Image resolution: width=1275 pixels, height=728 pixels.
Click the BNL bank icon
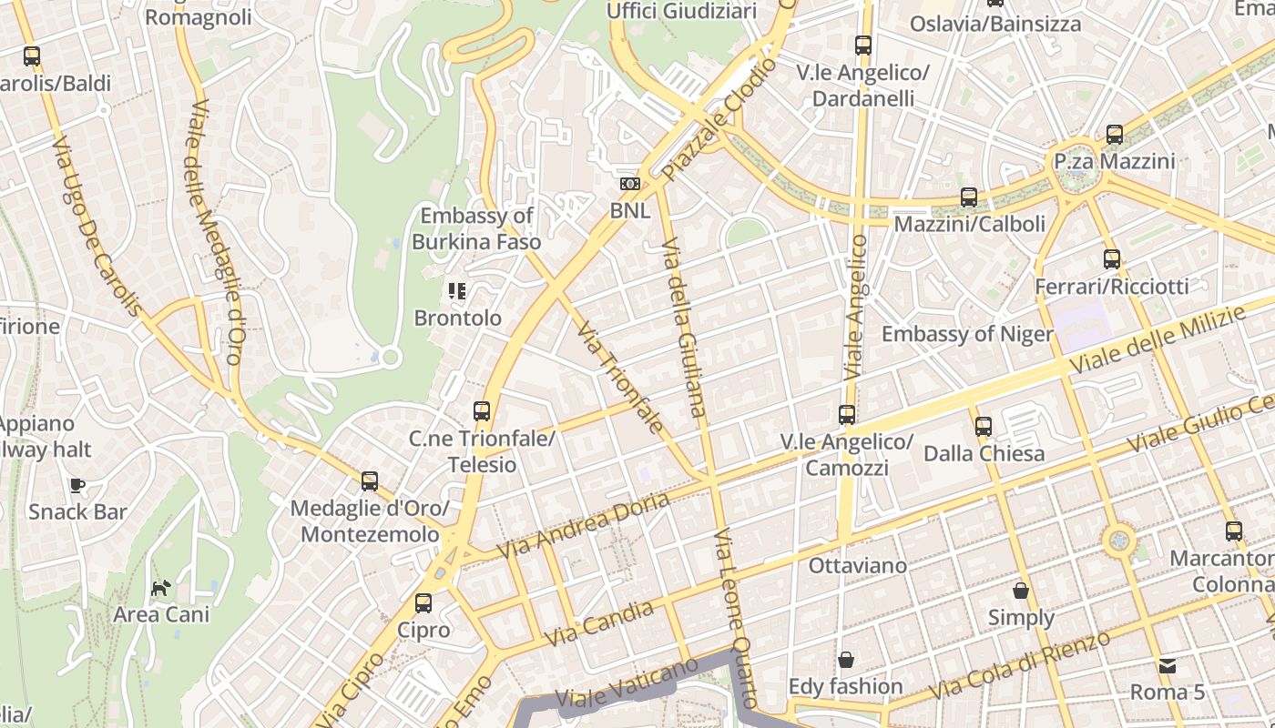point(629,184)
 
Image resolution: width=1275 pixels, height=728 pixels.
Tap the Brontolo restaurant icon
point(457,291)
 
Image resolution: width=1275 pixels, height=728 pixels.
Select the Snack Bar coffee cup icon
point(77,485)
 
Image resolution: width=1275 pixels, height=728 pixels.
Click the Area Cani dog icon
point(160,588)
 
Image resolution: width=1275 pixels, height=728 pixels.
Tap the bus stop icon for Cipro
point(423,602)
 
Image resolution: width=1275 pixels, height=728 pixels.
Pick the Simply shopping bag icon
point(1021,591)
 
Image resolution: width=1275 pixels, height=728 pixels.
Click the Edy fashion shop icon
point(846,660)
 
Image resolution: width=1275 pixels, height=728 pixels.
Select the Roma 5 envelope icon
point(1167,665)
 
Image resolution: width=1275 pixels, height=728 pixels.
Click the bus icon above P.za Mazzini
point(1114,135)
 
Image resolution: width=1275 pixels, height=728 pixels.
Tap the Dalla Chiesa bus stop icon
point(984,426)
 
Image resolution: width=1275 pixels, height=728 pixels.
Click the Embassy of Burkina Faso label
point(476,228)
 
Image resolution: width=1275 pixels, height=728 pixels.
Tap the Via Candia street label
point(599,623)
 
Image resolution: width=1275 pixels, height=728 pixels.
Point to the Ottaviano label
point(857,566)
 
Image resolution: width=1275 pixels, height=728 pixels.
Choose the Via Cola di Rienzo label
point(1020,665)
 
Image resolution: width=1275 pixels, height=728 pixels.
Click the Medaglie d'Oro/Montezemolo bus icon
point(370,481)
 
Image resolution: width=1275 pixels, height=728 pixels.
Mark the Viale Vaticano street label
point(626,685)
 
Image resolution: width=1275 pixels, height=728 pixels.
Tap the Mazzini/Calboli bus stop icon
point(969,197)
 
